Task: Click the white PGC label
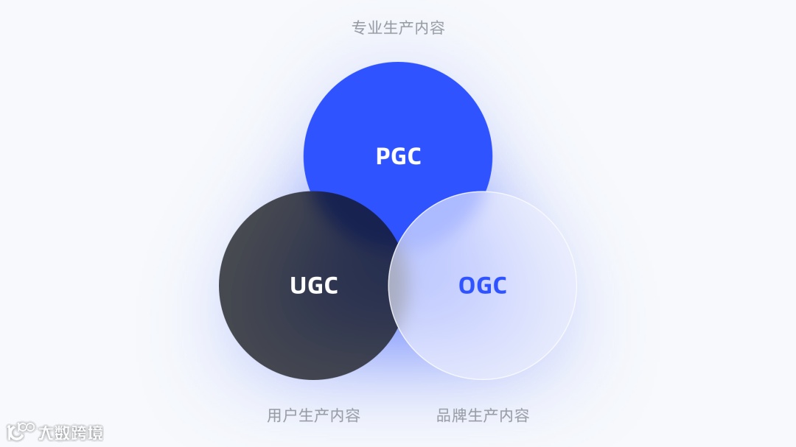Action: [398, 156]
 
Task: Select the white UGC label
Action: [314, 286]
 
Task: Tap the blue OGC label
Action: [483, 286]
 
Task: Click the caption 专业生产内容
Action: [398, 28]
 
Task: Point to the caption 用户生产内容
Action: [313, 415]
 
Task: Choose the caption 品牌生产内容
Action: [483, 415]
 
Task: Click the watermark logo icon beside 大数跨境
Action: [21, 431]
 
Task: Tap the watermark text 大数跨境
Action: [71, 432]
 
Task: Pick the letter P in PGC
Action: [383, 156]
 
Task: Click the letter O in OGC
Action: [467, 286]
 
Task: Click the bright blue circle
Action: [398, 110]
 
